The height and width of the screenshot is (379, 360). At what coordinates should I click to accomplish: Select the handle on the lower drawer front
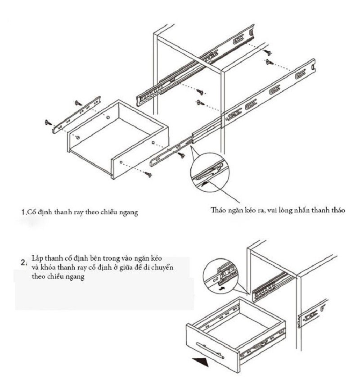click(210, 349)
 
